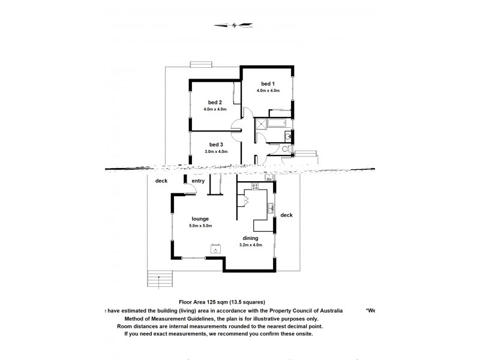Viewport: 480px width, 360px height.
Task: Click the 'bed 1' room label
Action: [268, 83]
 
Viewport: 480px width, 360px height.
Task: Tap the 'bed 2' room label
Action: [216, 102]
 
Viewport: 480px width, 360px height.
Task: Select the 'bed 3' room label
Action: [216, 144]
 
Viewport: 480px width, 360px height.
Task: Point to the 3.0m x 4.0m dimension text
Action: [216, 152]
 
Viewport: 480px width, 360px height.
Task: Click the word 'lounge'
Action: [200, 218]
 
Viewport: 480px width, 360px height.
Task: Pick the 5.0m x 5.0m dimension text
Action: [200, 226]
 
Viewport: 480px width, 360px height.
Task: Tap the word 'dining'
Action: [251, 238]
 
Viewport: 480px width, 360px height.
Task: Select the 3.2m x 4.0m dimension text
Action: [251, 246]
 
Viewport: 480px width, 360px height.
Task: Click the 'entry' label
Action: [198, 181]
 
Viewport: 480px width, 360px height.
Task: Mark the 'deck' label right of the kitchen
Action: [286, 215]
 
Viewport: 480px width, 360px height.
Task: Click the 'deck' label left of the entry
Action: [161, 181]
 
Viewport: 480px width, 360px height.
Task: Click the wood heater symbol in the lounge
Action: [214, 250]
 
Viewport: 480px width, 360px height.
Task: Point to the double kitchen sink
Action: [271, 209]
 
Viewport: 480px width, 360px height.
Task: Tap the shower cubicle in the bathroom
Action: [261, 125]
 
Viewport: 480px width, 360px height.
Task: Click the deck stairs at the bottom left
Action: [158, 279]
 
